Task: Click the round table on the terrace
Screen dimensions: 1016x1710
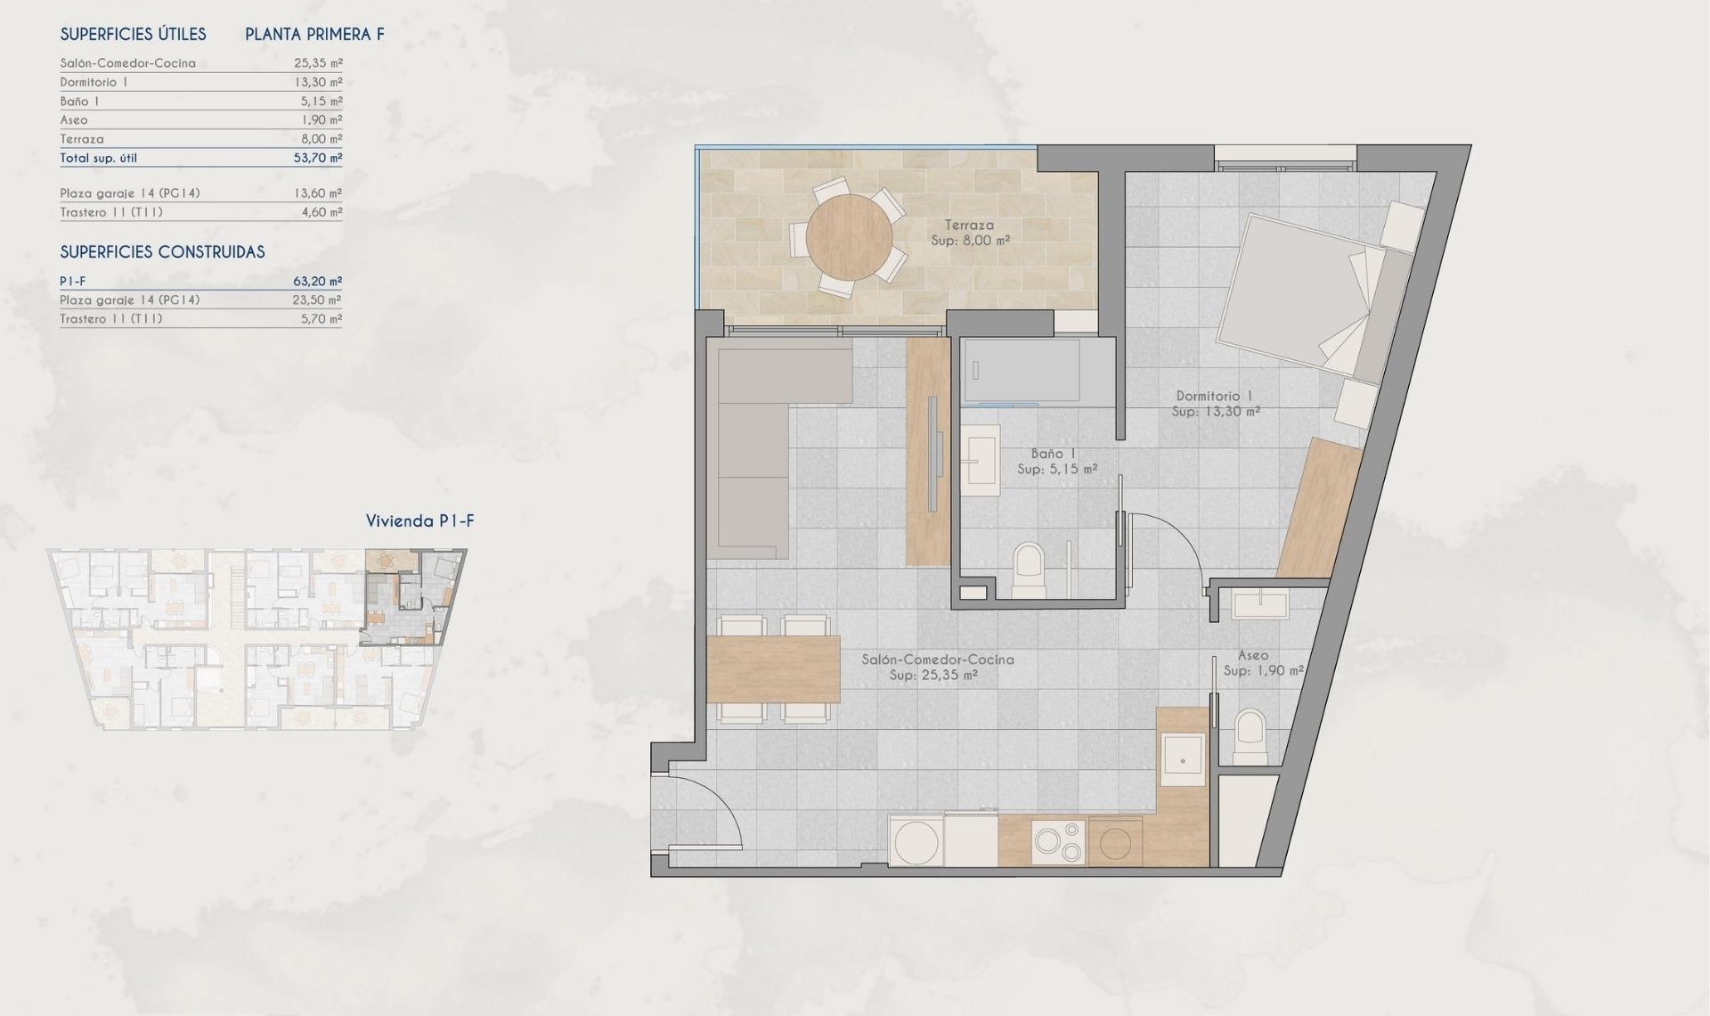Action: click(x=849, y=237)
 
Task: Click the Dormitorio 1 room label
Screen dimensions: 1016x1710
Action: click(x=1215, y=404)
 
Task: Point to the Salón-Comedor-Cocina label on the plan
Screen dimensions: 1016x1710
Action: click(x=937, y=667)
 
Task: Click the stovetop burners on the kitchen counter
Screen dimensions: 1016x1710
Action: click(x=1058, y=841)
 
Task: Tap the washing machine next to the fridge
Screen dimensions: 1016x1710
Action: click(x=916, y=841)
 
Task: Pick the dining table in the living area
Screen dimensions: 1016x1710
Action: click(x=774, y=668)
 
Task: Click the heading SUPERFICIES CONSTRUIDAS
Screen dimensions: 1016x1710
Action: click(x=162, y=252)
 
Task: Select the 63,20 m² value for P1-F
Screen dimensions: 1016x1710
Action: click(x=317, y=281)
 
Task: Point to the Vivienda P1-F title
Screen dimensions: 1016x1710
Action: click(x=419, y=521)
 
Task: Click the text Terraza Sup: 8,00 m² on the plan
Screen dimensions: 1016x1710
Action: click(x=970, y=233)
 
